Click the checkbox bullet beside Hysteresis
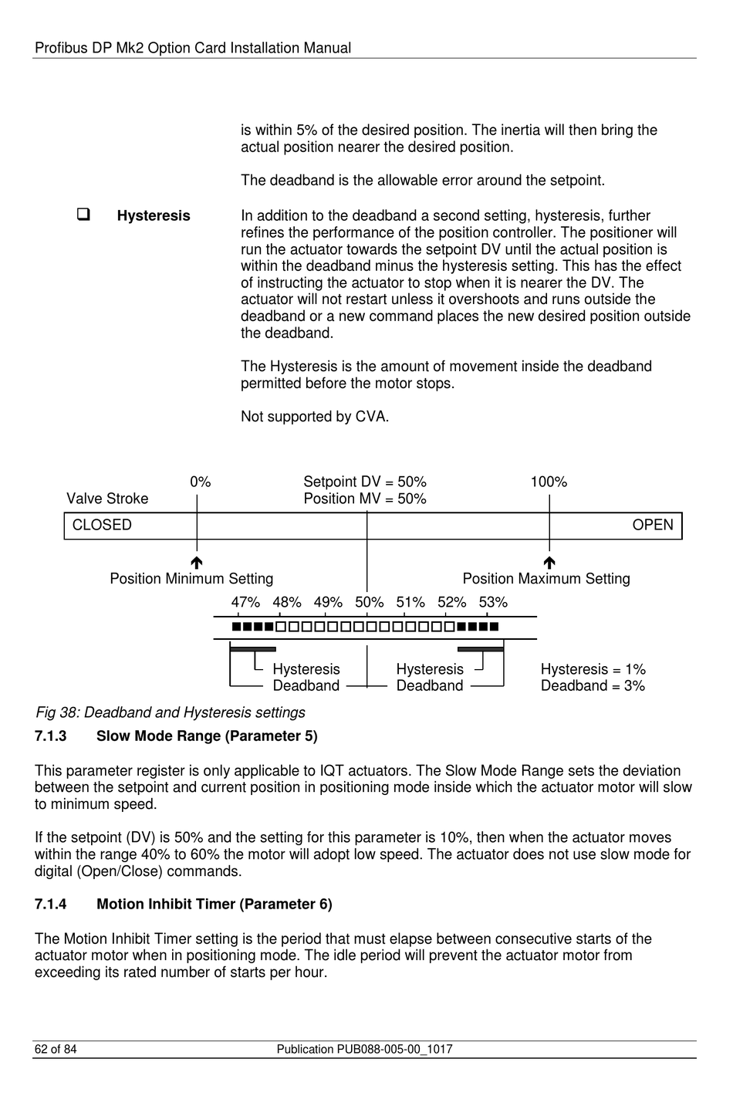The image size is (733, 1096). [x=83, y=215]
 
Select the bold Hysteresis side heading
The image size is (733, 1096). [x=154, y=216]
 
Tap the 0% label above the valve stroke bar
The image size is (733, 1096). [x=201, y=482]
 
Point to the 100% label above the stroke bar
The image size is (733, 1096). [x=549, y=482]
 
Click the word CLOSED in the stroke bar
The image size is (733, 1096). [x=102, y=526]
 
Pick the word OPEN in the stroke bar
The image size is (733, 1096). [x=653, y=526]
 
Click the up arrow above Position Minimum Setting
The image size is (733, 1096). [x=197, y=563]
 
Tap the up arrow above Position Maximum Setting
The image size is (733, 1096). [x=549, y=563]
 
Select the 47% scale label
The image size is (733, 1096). [x=245, y=603]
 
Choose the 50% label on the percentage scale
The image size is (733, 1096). [x=370, y=603]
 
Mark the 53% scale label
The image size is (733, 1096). [x=493, y=603]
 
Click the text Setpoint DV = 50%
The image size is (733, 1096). [x=365, y=482]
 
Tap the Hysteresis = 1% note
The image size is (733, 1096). [x=593, y=670]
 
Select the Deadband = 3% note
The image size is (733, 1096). [x=593, y=686]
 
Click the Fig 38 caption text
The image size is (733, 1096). [x=171, y=712]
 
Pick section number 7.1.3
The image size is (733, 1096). [x=51, y=736]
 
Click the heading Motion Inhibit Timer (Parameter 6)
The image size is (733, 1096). [x=214, y=905]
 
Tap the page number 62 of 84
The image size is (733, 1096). [x=56, y=1050]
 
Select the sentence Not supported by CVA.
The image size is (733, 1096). [x=315, y=417]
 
